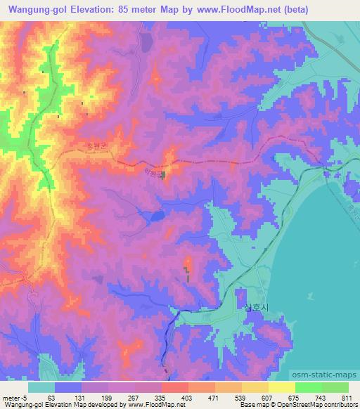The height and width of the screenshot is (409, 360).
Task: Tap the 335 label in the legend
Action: point(161,397)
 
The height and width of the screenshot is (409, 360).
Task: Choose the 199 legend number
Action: point(106,397)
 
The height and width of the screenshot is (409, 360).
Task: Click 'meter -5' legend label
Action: point(15,397)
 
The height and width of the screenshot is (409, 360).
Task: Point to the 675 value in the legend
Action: point(297,397)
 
